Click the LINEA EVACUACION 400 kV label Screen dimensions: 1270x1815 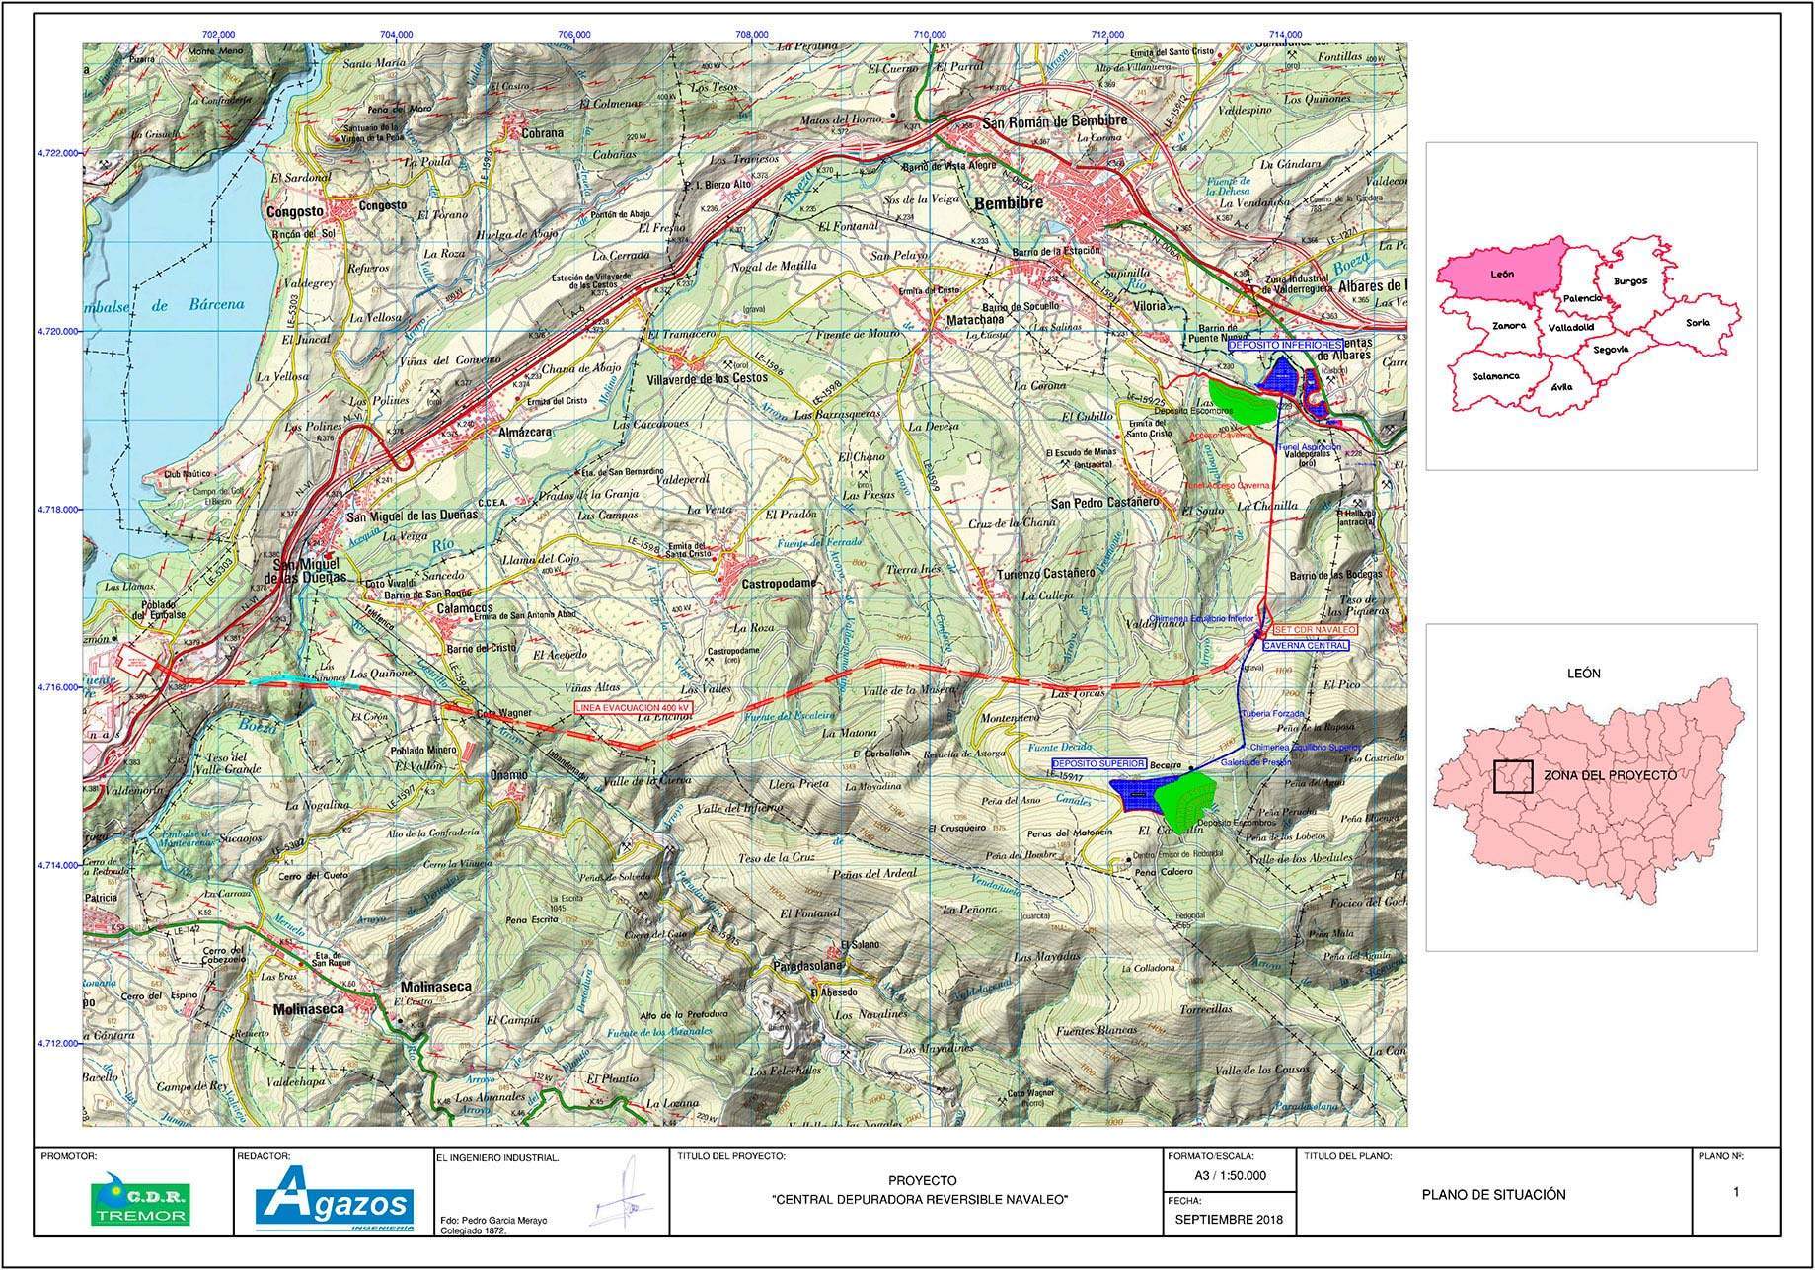click(x=633, y=708)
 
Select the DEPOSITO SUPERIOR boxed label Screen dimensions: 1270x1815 click(x=1098, y=764)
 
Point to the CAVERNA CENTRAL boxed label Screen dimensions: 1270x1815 click(x=1305, y=645)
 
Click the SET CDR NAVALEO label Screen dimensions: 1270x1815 click(x=1314, y=629)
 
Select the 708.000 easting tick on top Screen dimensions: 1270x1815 click(x=752, y=35)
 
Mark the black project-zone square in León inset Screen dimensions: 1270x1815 click(x=1512, y=777)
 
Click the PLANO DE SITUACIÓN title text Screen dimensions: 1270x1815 click(x=1493, y=1194)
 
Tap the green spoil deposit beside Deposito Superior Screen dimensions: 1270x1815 click(x=1187, y=796)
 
